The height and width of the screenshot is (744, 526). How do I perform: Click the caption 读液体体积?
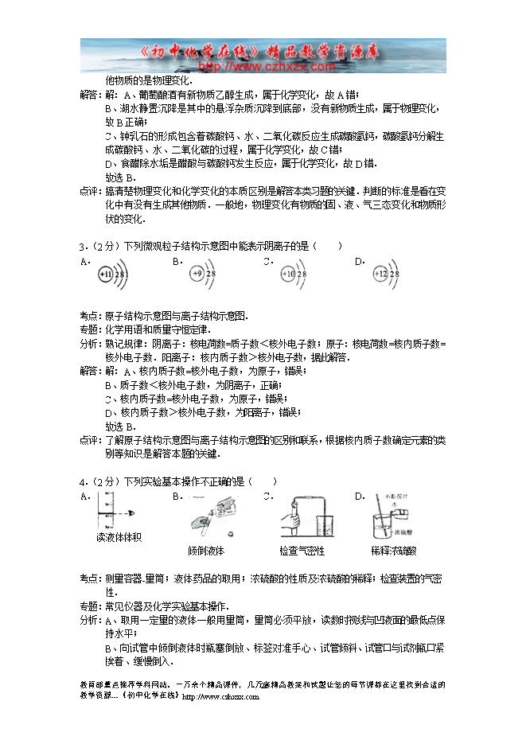coord(119,537)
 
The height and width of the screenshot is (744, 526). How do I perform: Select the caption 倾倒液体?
coord(206,551)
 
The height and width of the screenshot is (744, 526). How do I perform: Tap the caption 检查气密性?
coord(302,551)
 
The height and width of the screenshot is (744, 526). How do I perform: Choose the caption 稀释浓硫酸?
coord(394,551)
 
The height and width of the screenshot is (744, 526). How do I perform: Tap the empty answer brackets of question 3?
coord(327,246)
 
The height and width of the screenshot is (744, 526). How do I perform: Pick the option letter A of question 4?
coord(84,496)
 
